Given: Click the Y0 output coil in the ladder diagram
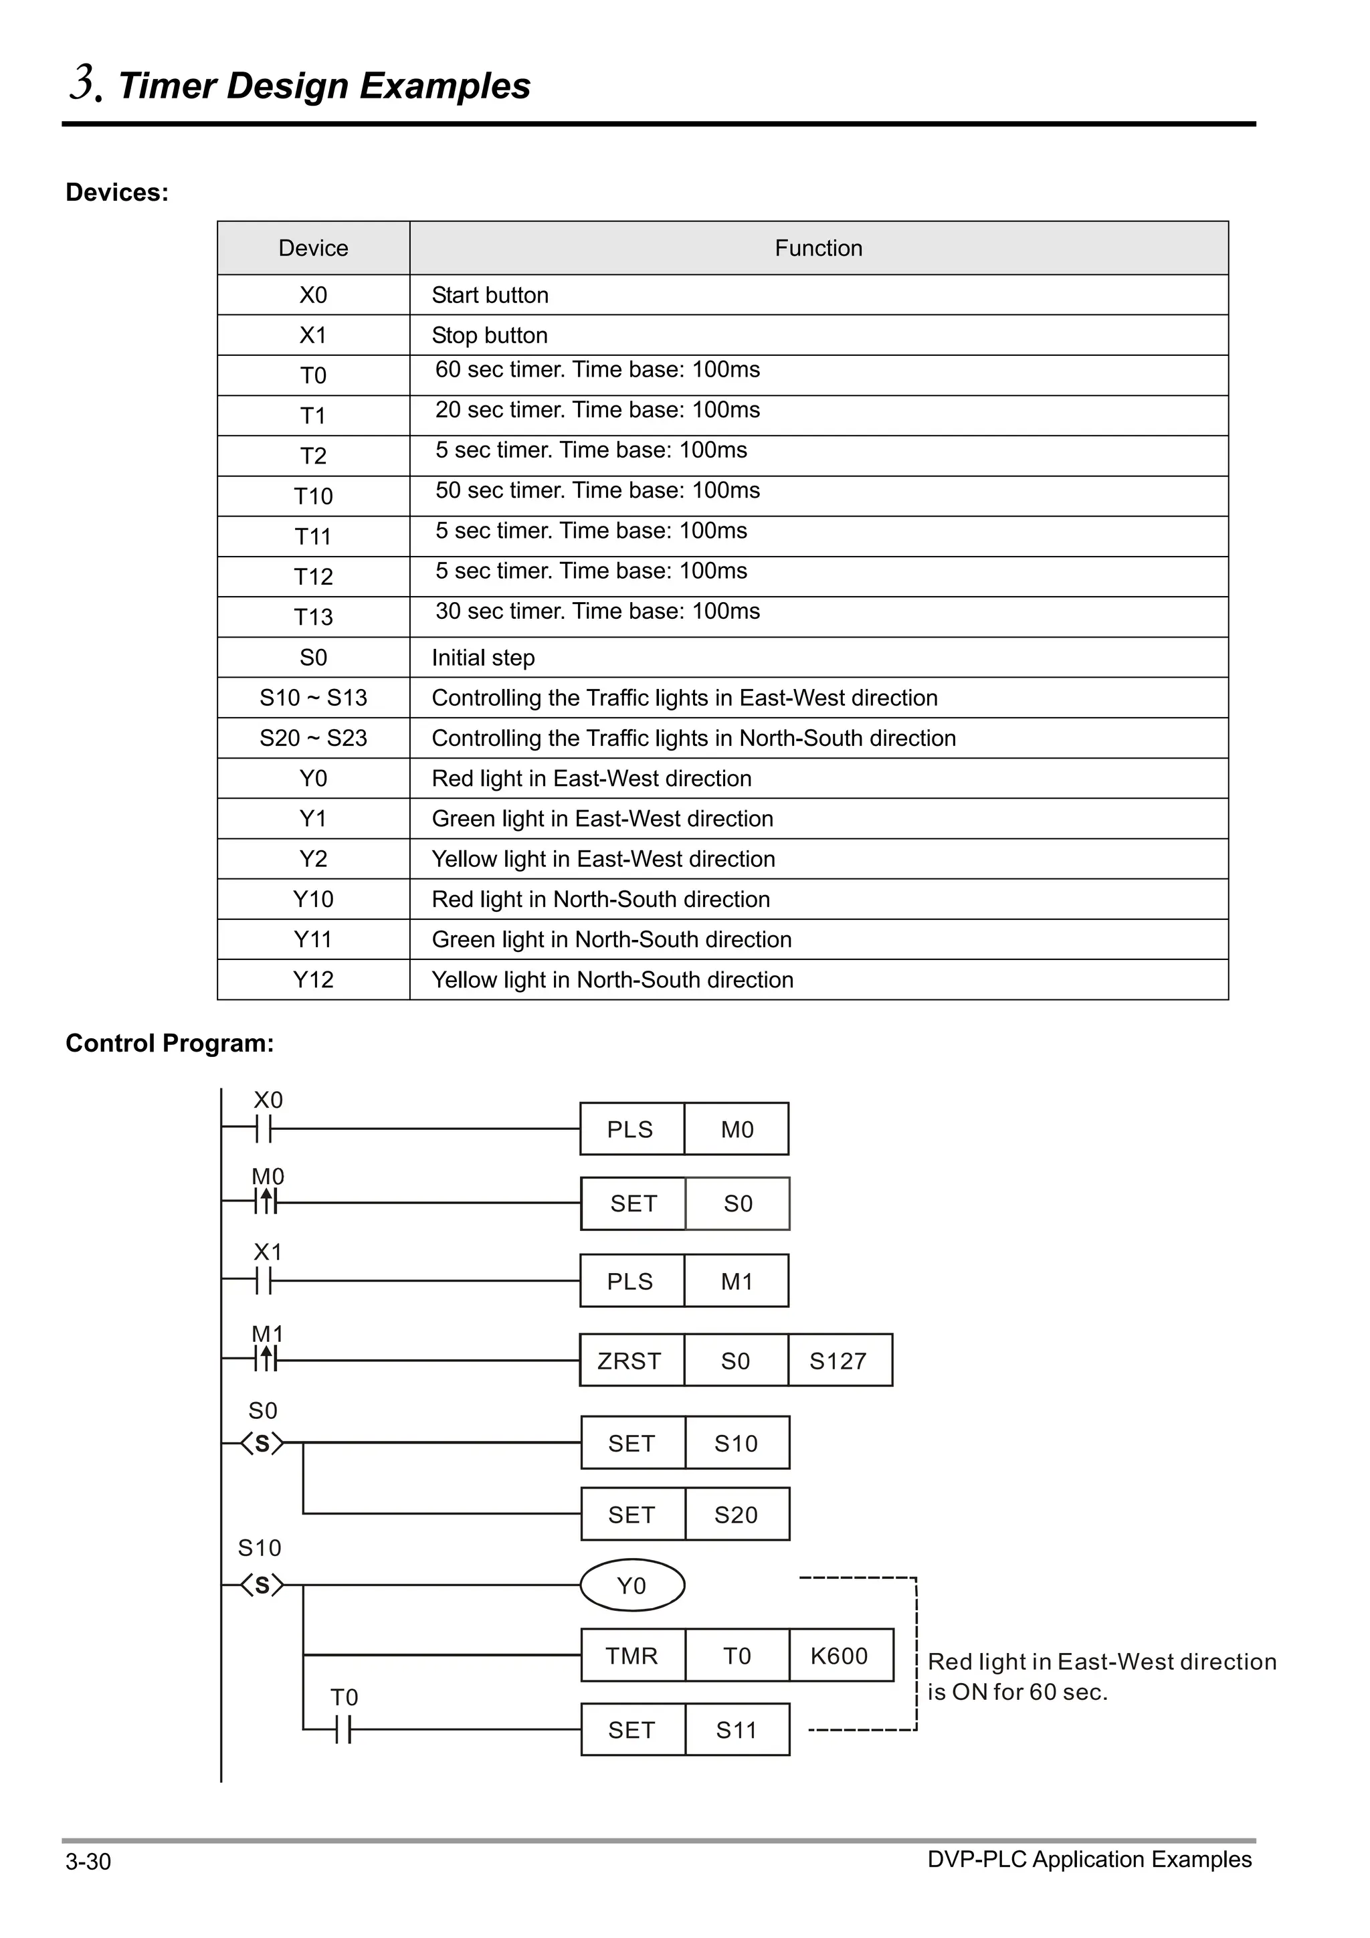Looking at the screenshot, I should click(x=631, y=1585).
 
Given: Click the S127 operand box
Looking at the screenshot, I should click(x=839, y=1361).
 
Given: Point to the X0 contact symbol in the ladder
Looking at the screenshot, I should click(x=264, y=1129).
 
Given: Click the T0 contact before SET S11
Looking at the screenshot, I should click(x=342, y=1729).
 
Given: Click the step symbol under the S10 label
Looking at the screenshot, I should click(x=262, y=1586).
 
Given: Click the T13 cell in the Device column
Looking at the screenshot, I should click(x=313, y=617).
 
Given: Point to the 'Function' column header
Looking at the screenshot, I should click(x=818, y=248).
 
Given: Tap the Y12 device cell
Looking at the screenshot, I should click(x=313, y=980).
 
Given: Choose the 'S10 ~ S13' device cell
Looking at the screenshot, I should click(x=313, y=698).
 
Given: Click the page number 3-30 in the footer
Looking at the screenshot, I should click(x=88, y=1861).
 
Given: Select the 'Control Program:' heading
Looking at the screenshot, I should click(x=170, y=1044).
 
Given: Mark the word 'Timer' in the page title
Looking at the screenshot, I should click(x=165, y=86).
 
